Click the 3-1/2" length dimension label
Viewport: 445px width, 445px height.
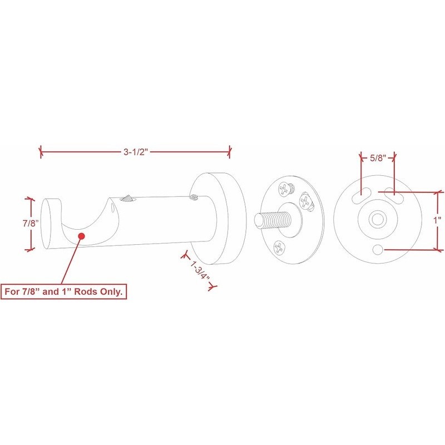(136, 152)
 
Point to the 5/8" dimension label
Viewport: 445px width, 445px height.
(378, 158)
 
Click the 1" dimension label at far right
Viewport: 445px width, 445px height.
(437, 220)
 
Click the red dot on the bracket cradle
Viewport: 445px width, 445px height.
(82, 236)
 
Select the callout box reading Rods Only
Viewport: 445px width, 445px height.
(64, 291)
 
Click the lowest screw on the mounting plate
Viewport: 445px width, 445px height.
(280, 248)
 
